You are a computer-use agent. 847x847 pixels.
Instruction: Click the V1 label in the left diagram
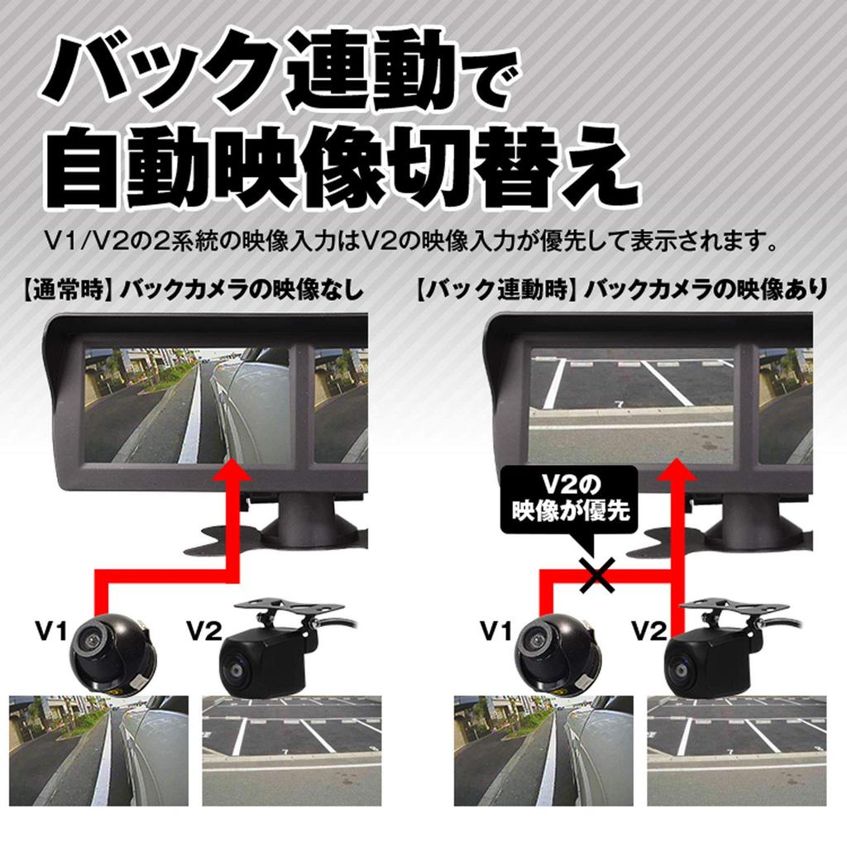coord(50,632)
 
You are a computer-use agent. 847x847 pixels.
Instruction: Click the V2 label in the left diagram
coord(203,632)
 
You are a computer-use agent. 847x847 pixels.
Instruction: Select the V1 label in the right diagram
coord(495,632)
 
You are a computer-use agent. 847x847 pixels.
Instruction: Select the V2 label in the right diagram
coord(648,632)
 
